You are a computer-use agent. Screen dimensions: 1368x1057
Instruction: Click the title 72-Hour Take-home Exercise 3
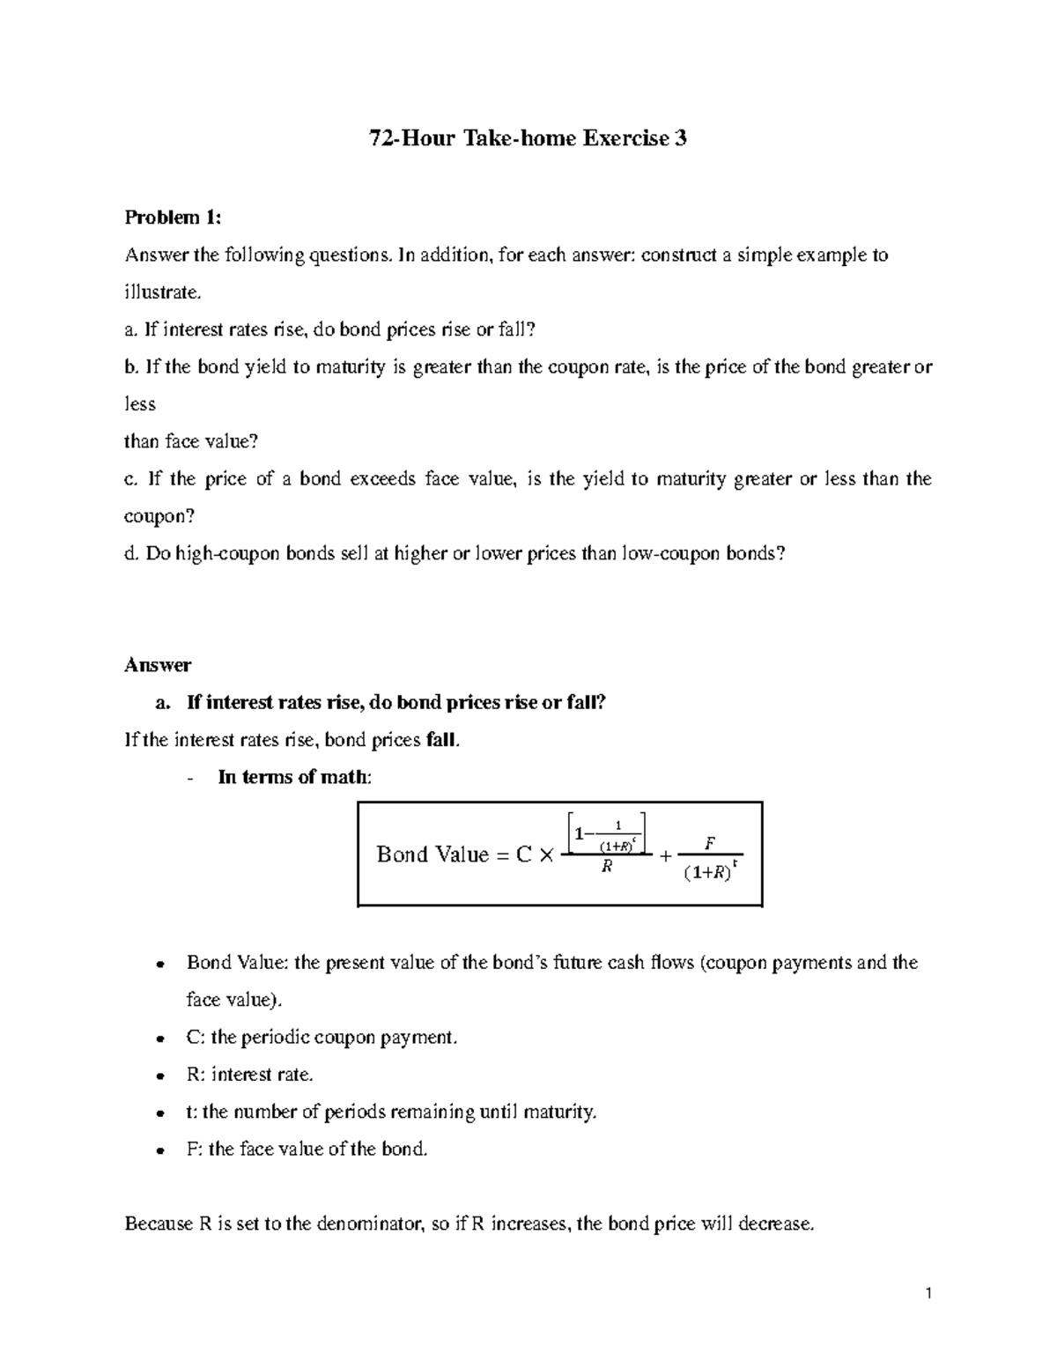click(527, 138)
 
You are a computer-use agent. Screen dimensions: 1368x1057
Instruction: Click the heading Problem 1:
click(174, 218)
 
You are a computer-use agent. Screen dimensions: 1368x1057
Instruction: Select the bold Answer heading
click(158, 664)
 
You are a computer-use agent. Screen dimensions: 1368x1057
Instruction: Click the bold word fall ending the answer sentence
click(440, 740)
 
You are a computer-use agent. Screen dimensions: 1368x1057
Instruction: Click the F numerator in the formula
click(709, 844)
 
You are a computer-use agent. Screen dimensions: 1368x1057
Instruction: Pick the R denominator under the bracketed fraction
click(605, 868)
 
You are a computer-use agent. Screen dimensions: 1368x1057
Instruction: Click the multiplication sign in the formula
click(546, 855)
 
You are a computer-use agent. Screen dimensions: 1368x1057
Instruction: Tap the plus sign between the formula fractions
click(665, 855)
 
